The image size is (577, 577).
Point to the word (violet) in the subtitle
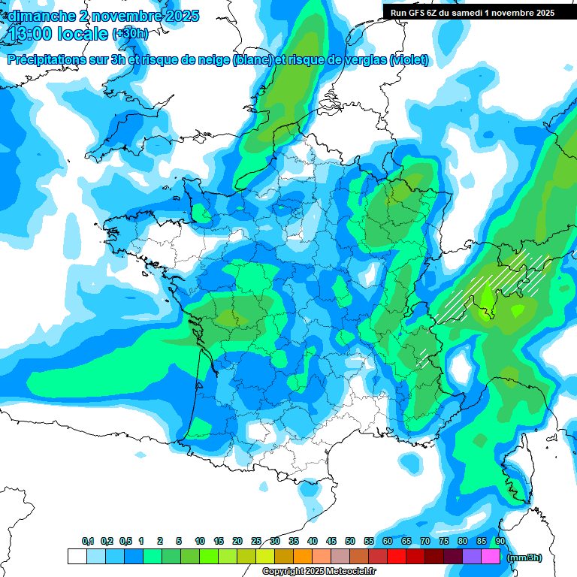click(x=409, y=60)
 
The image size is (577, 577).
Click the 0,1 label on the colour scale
click(x=88, y=542)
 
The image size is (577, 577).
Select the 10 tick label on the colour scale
click(x=200, y=542)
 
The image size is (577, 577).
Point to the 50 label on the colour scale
click(x=350, y=542)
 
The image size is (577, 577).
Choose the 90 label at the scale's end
click(x=500, y=542)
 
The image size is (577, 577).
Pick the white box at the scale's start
click(x=77, y=557)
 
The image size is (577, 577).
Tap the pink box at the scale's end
click(x=491, y=557)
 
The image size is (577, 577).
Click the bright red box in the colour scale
click(x=397, y=557)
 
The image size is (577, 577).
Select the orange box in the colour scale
click(x=303, y=557)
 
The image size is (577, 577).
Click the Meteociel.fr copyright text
click(x=319, y=572)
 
